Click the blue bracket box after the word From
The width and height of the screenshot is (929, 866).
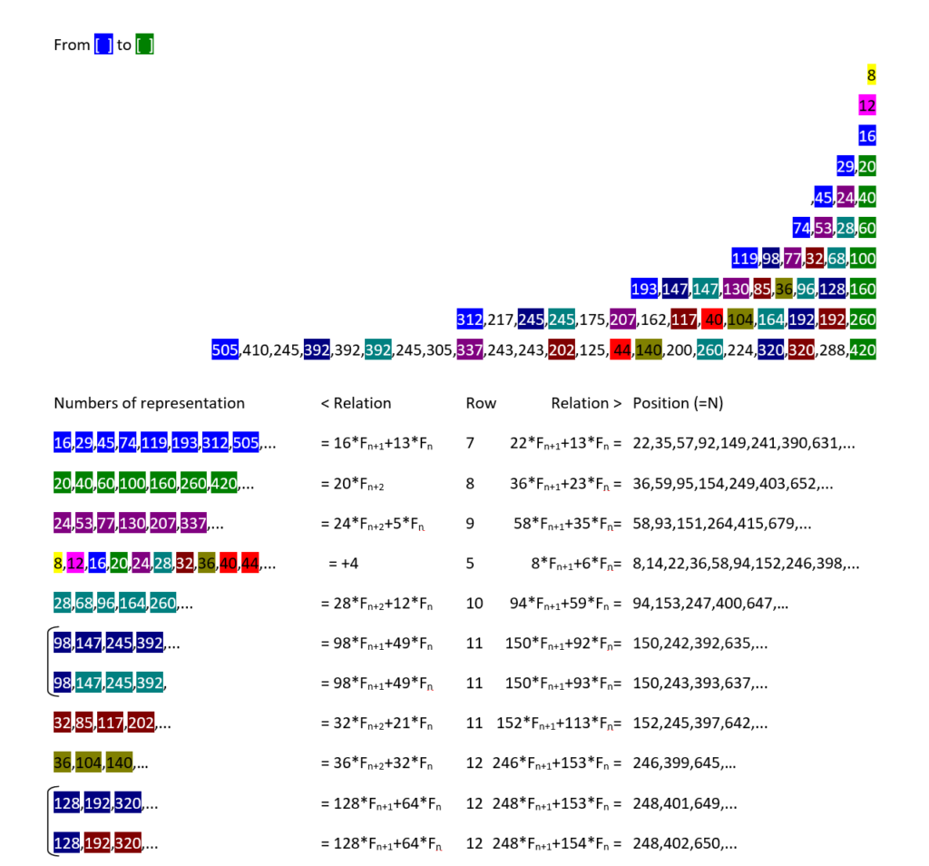[103, 44]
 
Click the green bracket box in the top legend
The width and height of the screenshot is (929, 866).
[144, 44]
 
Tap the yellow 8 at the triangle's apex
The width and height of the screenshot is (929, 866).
[871, 75]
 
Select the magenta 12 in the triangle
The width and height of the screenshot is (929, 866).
[866, 106]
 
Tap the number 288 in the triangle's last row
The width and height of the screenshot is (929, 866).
[833, 350]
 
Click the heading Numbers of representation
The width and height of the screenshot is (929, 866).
[149, 403]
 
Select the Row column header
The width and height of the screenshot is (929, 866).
[481, 403]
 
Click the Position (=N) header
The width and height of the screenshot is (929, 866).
[678, 403]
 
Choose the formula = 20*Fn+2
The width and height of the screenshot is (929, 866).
[358, 484]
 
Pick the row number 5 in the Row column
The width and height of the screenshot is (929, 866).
[470, 564]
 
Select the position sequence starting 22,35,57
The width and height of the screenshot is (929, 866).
[744, 444]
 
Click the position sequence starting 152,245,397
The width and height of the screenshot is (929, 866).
[700, 723]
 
